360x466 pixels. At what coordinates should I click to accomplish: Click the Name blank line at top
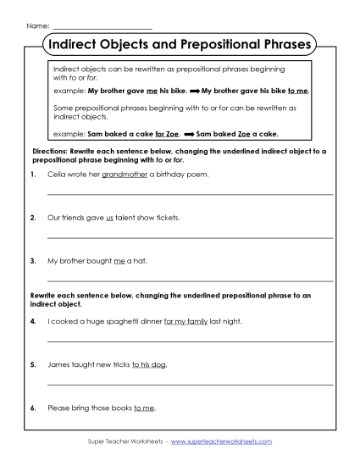pos(102,27)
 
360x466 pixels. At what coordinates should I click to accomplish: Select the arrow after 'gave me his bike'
pos(194,88)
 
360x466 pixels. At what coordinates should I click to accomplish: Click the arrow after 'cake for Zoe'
pos(189,133)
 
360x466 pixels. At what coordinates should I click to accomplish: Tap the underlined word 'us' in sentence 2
pos(109,217)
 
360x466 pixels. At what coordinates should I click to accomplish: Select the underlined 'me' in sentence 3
pos(119,261)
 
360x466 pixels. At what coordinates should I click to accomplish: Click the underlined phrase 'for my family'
pos(186,321)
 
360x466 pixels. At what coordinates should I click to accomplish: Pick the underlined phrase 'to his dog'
pos(149,364)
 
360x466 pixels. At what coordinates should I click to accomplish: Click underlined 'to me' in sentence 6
pos(144,408)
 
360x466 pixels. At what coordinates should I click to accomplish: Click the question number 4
pos(31,321)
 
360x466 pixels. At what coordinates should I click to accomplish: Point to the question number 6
pos(31,408)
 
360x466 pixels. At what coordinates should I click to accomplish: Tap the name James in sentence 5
pos(59,364)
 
